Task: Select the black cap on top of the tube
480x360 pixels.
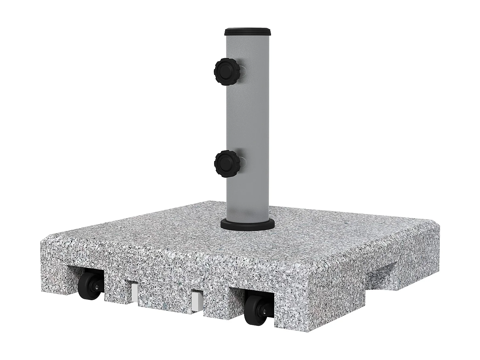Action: click(248, 31)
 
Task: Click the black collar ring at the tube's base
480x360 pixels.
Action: click(247, 224)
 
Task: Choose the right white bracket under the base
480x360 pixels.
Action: click(196, 300)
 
